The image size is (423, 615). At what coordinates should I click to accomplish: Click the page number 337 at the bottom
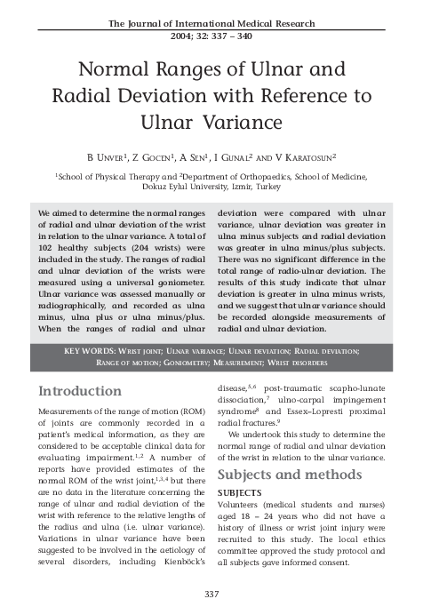tap(211, 594)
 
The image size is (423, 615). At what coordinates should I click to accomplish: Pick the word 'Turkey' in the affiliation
tap(264, 188)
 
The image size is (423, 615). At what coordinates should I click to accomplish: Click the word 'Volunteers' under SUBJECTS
tap(243, 504)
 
